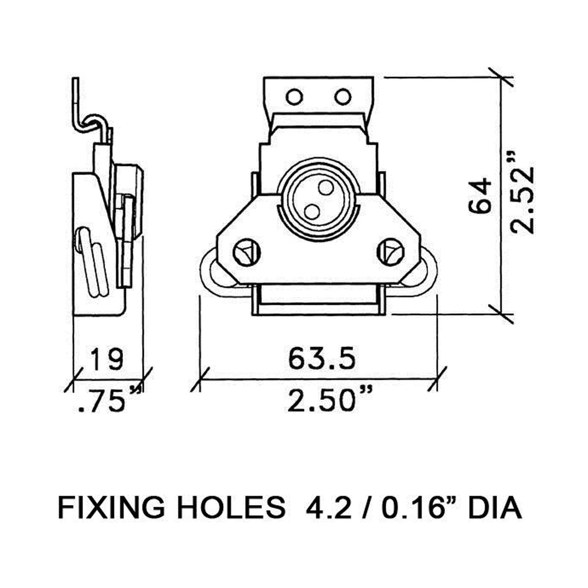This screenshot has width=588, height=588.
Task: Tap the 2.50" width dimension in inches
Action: coord(328,400)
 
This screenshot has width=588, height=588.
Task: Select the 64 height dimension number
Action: coord(481,195)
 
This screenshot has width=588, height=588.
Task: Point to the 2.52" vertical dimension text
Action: coord(524,192)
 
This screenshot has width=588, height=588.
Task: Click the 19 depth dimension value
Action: coord(107,359)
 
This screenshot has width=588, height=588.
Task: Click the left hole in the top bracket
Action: coord(294,96)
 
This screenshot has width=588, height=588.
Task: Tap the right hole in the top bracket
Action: coord(343,96)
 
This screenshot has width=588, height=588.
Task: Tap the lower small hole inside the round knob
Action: coord(312,211)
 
